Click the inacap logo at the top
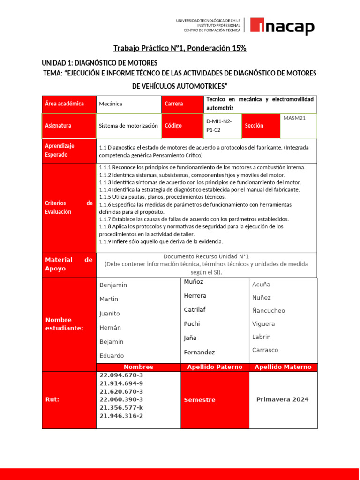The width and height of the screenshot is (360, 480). point(282,26)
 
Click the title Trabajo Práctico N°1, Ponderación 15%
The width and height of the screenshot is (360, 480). point(180,48)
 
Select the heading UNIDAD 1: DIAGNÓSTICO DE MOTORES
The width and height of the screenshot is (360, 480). point(100,63)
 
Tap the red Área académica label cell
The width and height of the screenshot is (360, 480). point(69,104)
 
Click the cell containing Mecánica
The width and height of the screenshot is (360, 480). point(128,104)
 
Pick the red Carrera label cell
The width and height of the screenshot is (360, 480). point(182,104)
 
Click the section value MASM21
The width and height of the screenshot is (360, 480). point(294,118)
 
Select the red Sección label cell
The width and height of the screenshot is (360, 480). point(260,126)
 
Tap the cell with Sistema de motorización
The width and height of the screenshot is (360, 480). point(128,126)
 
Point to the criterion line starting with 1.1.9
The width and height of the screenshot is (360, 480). point(161,241)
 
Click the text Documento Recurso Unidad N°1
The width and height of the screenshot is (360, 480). point(206,256)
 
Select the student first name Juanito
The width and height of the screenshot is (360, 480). point(110,314)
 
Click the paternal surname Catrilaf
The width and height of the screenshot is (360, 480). point(195,310)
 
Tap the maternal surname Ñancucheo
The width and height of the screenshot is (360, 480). point(269,311)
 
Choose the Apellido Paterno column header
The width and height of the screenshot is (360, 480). point(215,367)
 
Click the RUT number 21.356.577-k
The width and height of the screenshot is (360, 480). point(121,408)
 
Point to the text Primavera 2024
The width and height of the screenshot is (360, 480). point(282,399)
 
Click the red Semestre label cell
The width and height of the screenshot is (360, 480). point(200,400)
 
